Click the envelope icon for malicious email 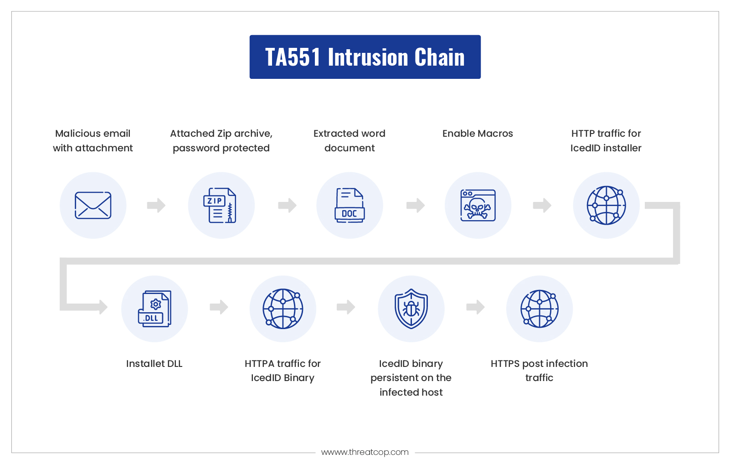[93, 206]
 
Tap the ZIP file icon [220, 206]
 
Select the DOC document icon [350, 206]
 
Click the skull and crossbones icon [478, 206]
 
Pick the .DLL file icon [154, 309]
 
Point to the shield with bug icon [411, 309]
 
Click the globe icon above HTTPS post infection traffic [540, 309]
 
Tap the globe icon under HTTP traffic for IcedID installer [606, 206]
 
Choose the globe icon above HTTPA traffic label [283, 309]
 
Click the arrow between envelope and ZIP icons [156, 205]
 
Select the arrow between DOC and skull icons [416, 205]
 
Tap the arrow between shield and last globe [475, 307]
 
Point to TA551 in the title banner [293, 57]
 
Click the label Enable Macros [478, 134]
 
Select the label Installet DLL [154, 364]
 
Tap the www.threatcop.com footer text [365, 452]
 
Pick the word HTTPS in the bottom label [505, 364]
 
